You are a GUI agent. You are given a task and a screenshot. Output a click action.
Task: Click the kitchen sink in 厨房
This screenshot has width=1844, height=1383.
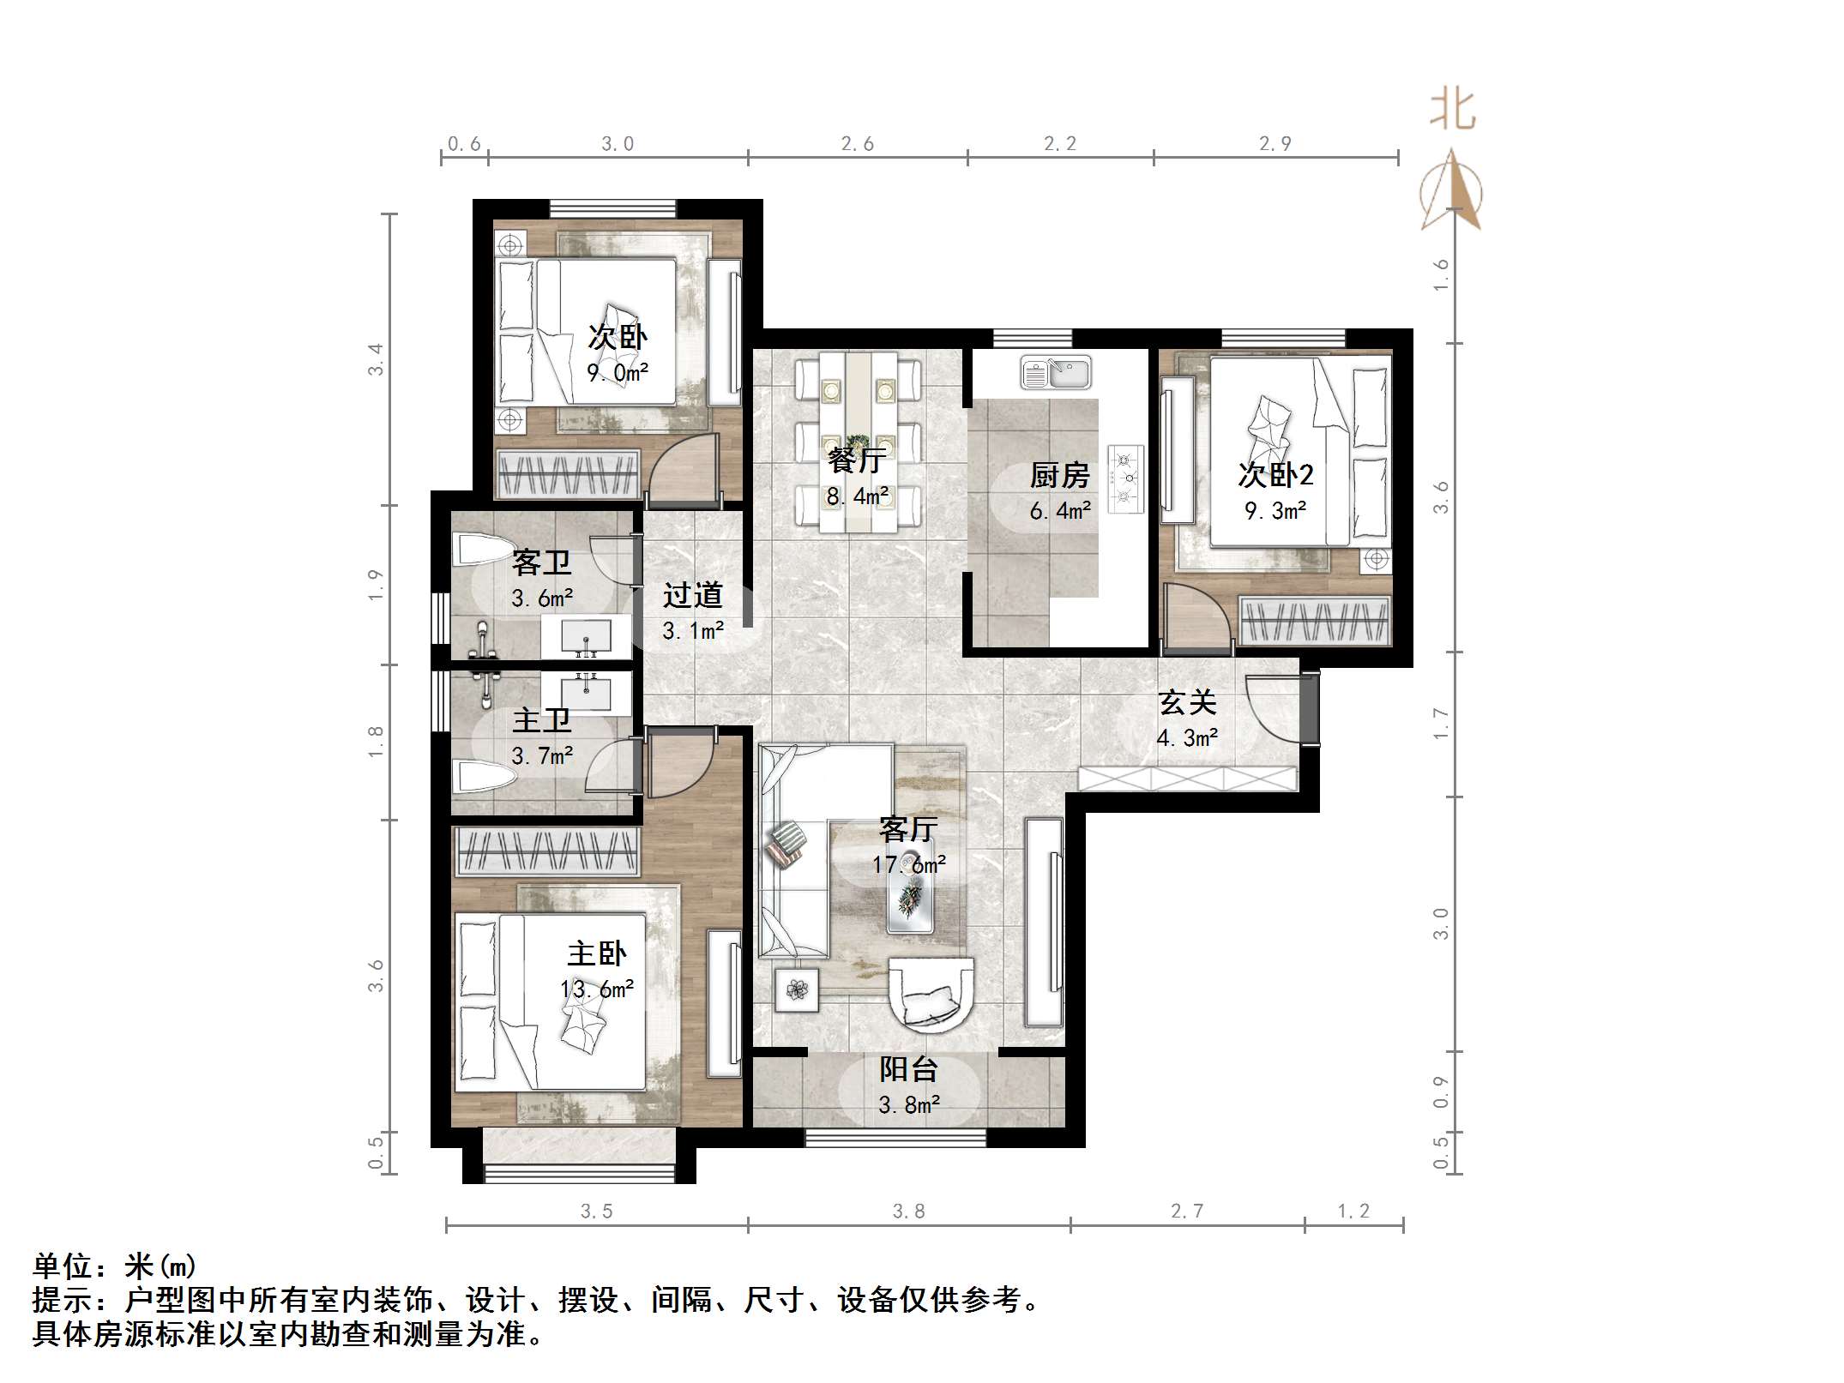(1056, 374)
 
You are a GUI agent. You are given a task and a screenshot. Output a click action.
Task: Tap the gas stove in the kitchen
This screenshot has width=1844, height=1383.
(1125, 478)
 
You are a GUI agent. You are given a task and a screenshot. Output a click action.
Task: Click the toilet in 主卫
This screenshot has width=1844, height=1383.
(485, 777)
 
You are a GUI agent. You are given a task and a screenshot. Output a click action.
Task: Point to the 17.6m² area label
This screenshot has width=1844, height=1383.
(908, 864)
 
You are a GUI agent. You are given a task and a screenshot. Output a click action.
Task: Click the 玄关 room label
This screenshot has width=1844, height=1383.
(1187, 702)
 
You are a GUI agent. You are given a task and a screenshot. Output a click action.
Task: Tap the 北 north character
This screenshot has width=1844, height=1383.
(1452, 111)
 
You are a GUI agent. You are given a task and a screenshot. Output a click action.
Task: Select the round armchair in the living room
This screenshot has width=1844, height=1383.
(931, 993)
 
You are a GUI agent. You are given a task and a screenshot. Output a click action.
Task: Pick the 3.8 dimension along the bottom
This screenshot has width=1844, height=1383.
(908, 1211)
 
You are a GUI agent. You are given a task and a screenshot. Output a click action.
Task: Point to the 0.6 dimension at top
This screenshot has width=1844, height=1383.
(464, 144)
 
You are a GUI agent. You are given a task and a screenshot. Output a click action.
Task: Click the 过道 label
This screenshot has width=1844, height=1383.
(692, 594)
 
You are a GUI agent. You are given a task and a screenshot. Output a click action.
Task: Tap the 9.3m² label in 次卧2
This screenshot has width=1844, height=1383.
(1275, 511)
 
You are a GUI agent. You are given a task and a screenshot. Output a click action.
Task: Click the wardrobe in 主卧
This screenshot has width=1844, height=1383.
(546, 851)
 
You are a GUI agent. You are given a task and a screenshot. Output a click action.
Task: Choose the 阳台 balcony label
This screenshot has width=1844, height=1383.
(908, 1069)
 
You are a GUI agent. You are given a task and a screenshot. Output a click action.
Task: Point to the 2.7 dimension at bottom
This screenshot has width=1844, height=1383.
(1187, 1211)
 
